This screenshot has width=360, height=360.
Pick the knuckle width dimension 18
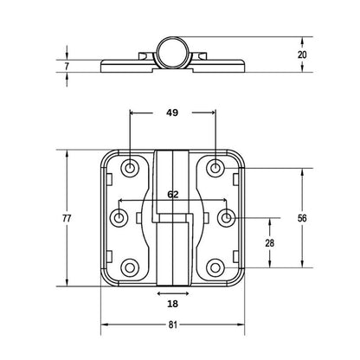(x=172, y=305)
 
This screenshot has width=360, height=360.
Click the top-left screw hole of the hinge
(x=130, y=166)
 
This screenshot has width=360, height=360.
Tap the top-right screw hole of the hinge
(x=215, y=166)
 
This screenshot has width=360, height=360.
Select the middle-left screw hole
(x=119, y=217)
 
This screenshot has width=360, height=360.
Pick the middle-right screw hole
(x=226, y=217)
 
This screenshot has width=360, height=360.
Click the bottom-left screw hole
(x=130, y=269)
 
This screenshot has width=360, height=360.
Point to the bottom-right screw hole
(x=215, y=269)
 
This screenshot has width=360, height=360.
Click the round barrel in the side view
(x=172, y=49)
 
